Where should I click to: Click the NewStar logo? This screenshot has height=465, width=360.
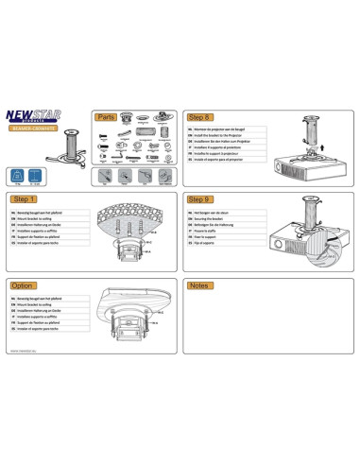43,116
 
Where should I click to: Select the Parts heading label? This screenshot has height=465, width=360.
105,117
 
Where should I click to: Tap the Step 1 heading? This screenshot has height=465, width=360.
26,200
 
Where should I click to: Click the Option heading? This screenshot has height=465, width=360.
24,285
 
